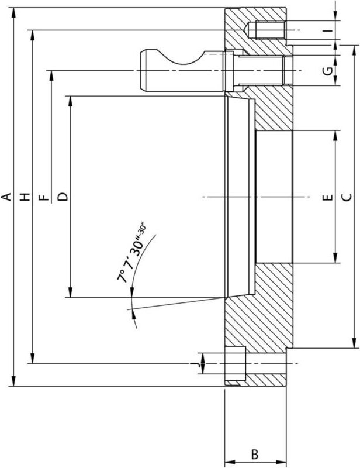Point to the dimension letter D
(63, 197)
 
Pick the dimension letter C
(347, 197)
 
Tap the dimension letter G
(328, 71)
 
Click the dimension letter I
(328, 30)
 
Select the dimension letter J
(195, 364)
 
